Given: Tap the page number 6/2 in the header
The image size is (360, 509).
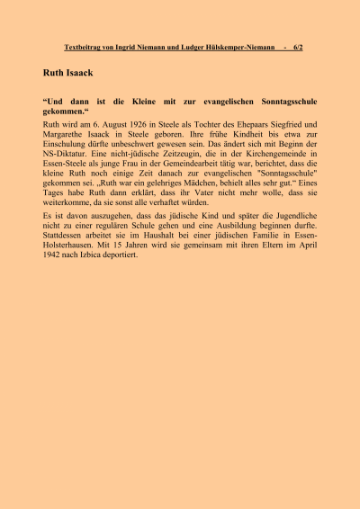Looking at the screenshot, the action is tap(299, 48).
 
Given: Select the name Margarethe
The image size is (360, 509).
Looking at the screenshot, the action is tap(65, 134).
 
